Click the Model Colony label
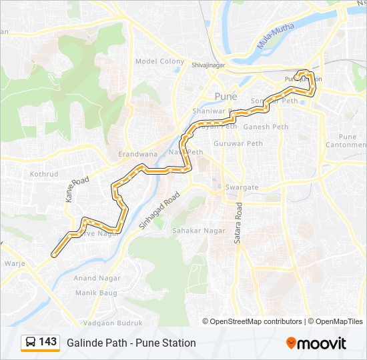point(159,61)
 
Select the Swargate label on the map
point(242,187)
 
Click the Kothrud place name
point(45,173)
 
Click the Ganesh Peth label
point(266,127)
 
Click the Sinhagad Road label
point(159,212)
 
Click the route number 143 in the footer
point(48,342)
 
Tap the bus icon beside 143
point(31,343)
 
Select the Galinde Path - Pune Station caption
point(131,343)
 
